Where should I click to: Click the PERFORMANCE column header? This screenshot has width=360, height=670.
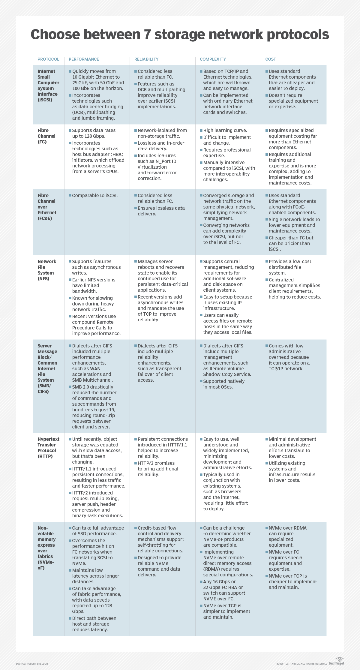(84, 59)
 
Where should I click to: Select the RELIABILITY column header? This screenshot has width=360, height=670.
(146, 59)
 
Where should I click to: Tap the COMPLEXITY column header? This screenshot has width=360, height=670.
(213, 59)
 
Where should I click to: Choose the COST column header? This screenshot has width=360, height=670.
(271, 59)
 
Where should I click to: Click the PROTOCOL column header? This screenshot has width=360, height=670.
(48, 59)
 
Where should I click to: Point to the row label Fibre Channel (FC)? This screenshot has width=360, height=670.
(46, 136)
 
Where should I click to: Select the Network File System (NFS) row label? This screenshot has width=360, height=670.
(46, 270)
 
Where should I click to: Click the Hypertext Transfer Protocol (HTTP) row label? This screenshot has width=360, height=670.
(48, 448)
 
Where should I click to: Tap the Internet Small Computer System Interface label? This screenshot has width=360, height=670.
(48, 86)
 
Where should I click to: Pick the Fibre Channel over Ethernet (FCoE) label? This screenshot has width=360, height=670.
(47, 207)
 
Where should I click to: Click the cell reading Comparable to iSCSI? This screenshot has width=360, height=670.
(95, 196)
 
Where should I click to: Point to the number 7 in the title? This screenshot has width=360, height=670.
(147, 35)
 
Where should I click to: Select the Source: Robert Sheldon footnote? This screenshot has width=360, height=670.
(32, 664)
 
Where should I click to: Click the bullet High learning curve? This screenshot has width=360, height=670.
(225, 131)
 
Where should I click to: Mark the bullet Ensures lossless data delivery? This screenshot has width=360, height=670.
(161, 211)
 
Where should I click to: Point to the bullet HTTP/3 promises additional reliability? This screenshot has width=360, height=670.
(158, 469)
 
